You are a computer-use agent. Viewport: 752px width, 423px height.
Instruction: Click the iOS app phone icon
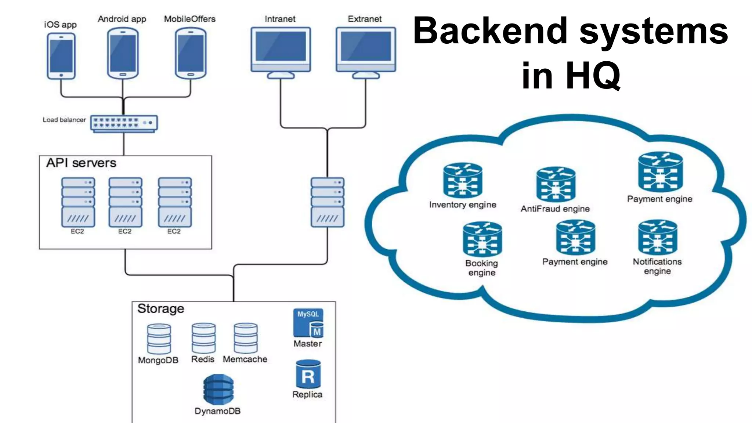61,56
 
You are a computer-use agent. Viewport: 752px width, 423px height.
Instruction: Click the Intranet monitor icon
281,51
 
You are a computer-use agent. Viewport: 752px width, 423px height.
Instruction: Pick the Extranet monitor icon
366,51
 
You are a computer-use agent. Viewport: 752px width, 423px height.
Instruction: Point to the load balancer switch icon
124,123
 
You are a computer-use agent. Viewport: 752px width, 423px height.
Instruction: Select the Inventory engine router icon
462,180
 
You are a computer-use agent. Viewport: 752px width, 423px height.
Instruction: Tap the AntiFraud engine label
555,209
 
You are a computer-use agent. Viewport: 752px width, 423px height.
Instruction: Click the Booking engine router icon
482,239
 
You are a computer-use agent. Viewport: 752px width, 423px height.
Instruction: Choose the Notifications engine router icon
657,238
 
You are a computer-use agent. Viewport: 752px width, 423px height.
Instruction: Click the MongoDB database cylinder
159,339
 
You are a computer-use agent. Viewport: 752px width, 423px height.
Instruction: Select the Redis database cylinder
203,338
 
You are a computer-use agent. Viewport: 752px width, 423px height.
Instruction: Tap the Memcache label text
245,359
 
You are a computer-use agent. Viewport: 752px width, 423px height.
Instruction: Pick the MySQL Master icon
308,323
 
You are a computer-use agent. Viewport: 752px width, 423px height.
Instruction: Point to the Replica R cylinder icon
308,375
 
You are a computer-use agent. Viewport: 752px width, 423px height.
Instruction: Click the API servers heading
81,163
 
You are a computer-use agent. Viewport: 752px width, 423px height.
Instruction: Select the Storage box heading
161,309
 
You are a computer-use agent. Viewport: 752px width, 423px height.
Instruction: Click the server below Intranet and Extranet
328,202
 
